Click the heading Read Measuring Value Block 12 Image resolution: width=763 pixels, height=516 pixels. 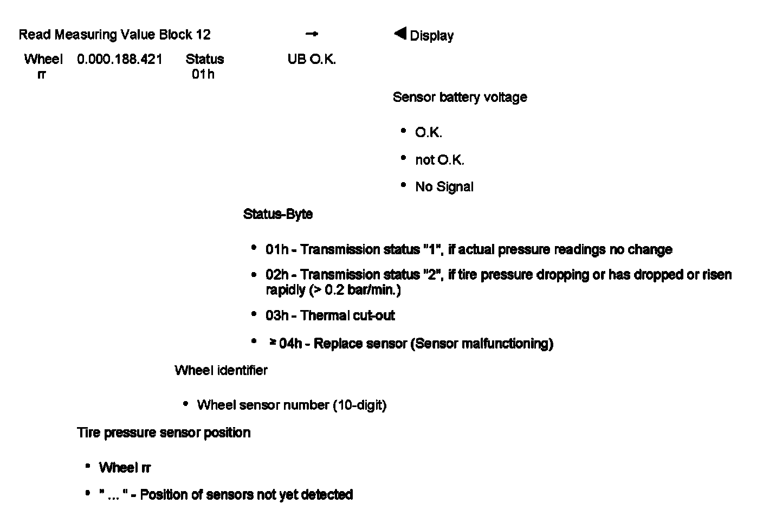114,35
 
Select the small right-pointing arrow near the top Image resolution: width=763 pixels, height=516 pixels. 312,34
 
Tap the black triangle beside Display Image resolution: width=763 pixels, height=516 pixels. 400,34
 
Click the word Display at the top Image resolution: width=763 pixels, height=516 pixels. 432,36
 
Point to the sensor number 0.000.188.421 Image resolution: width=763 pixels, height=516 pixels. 120,59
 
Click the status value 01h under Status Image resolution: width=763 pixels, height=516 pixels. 203,74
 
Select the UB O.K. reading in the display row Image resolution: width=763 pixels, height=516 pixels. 312,59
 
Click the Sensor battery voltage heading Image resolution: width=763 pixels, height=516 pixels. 460,98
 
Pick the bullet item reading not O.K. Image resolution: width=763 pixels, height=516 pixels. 439,160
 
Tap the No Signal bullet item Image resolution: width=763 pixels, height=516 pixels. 444,187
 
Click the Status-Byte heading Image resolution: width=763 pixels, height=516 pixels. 278,214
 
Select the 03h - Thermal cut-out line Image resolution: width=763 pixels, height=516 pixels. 330,315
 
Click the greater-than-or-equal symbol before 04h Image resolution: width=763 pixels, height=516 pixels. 274,343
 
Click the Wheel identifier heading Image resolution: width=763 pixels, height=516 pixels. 221,371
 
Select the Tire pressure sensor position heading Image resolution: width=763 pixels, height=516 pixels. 164,433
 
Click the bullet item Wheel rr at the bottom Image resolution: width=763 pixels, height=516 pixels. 125,467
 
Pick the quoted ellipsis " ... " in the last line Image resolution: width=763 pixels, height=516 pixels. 113,494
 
